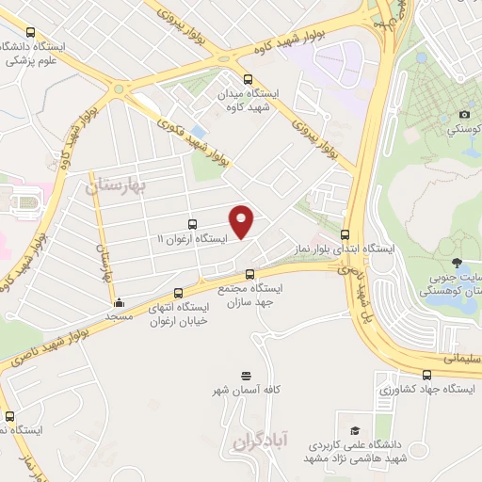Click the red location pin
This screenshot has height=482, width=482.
pos(242,221)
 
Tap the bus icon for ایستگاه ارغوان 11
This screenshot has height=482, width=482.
pos(193,224)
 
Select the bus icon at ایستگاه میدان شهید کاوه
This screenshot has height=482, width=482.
pos(248,79)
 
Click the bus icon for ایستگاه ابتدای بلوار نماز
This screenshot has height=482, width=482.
pos(345,234)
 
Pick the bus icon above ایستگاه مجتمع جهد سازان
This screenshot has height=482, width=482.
pos(249,275)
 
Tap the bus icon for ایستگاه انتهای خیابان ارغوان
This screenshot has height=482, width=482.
pos(179,292)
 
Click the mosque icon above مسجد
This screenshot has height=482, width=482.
pos(119,303)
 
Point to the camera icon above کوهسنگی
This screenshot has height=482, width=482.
pos(463,115)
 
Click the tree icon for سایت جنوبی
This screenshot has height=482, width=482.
pos(457,263)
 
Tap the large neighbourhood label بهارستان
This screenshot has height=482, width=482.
pos(118,185)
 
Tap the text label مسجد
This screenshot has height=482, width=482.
pos(119,318)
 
